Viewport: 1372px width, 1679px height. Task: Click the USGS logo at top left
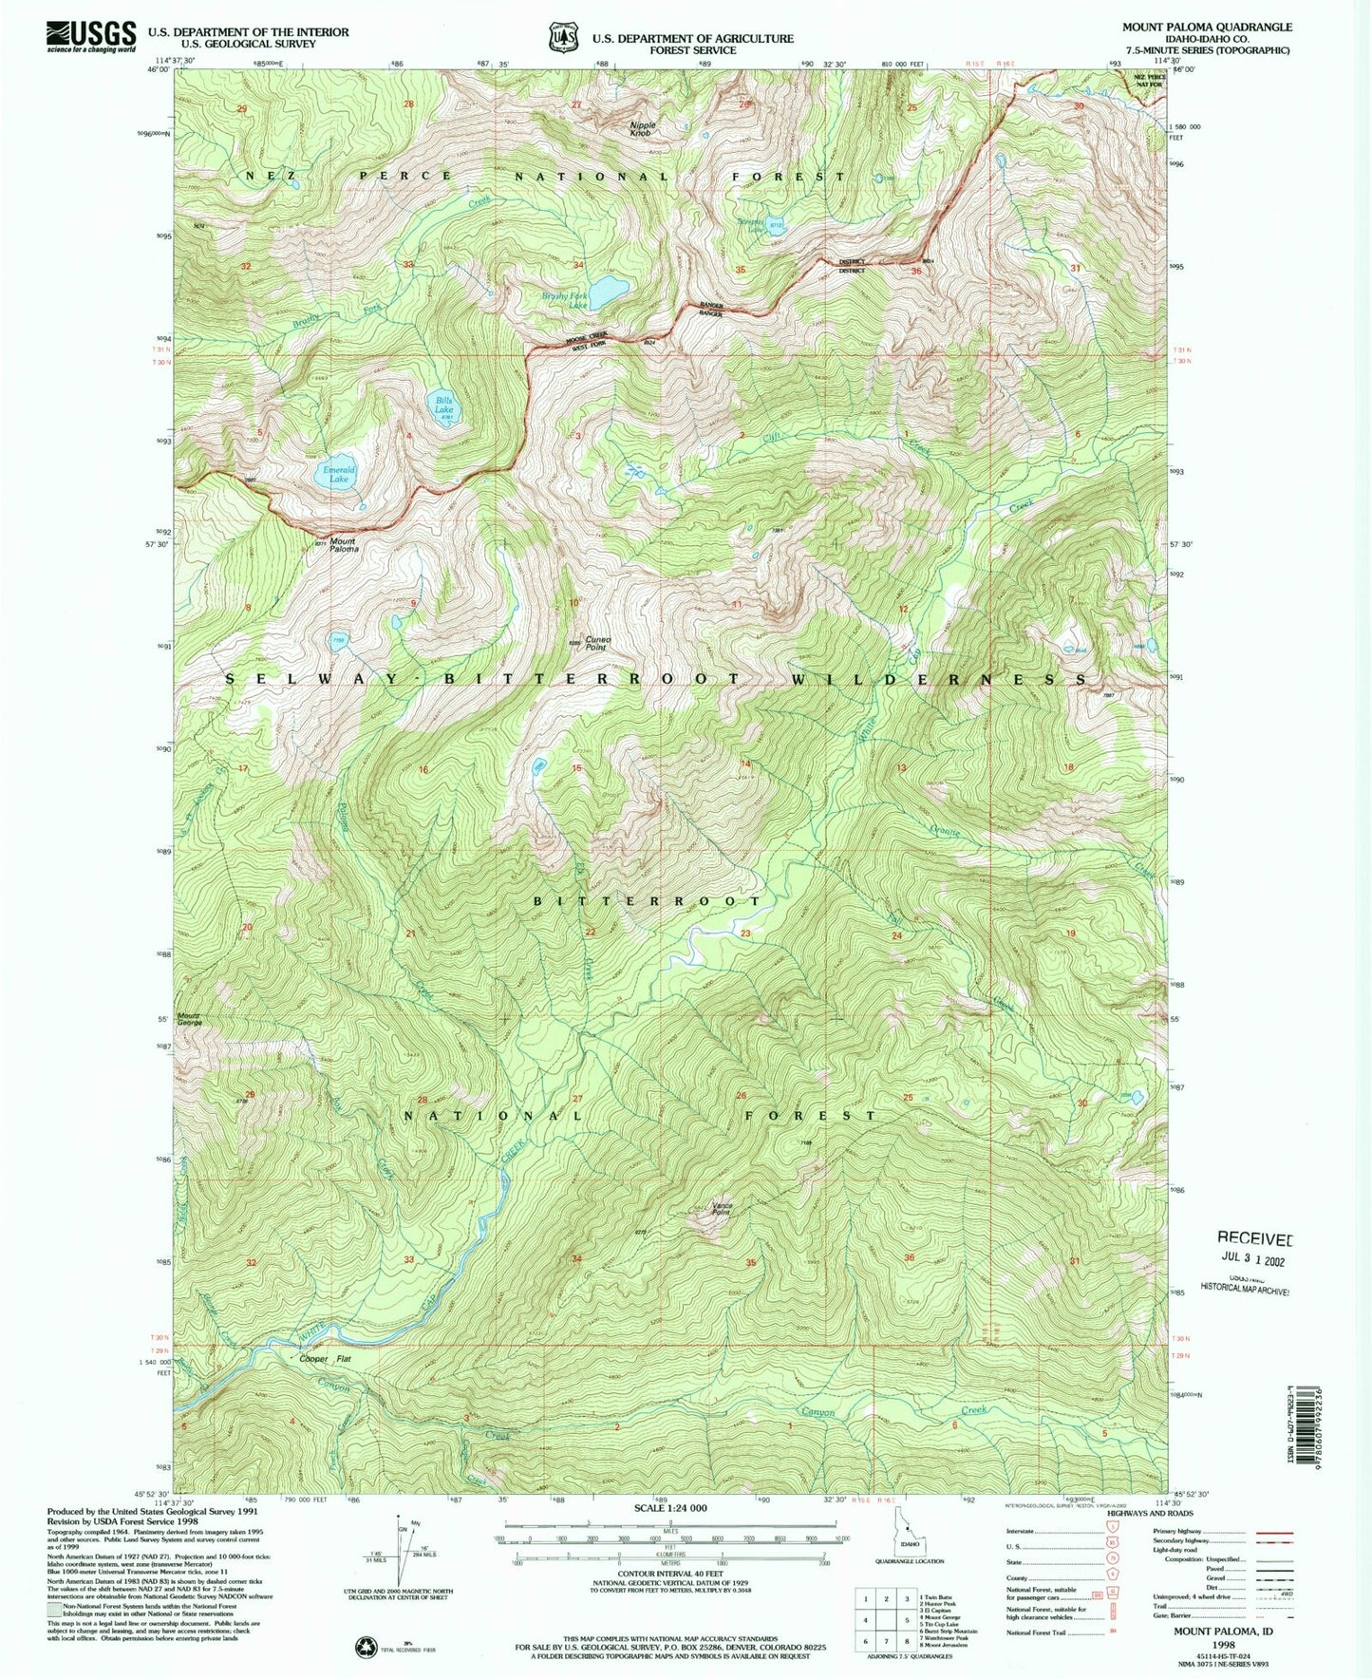tap(91, 36)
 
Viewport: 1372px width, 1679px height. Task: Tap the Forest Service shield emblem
tap(562, 37)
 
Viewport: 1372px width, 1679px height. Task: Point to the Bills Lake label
tap(443, 406)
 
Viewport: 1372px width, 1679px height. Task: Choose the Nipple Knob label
tap(642, 129)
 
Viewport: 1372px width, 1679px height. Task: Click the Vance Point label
tap(721, 1210)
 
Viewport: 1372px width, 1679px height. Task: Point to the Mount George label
tap(189, 1018)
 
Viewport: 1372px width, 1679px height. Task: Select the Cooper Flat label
tap(326, 1359)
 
